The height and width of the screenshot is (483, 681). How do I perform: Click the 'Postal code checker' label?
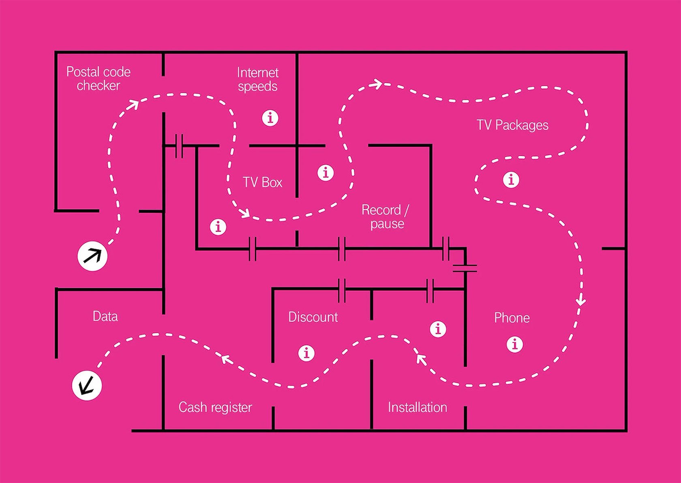pos(99,79)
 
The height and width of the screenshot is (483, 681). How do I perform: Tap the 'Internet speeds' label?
pos(258,79)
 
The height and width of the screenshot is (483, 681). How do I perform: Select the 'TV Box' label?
pos(263,182)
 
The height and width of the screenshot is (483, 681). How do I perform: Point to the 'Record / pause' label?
pos(385,217)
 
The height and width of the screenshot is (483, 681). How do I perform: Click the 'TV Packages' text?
pos(512,125)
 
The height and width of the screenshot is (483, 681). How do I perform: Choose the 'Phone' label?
pos(512,318)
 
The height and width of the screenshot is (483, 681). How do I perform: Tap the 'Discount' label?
pos(313,317)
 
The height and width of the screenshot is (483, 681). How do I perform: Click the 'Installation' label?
pos(418,407)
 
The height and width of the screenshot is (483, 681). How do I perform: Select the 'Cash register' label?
pos(215,407)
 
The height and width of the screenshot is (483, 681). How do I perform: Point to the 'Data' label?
pos(105,316)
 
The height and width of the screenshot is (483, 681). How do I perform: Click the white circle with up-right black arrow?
pos(92,256)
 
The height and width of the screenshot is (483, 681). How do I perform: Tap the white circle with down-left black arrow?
pos(87,385)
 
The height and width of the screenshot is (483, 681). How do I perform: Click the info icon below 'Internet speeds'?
pos(270,118)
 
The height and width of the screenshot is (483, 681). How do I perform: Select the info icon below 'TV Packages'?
pos(511,179)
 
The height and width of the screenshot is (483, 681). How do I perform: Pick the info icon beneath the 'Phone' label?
pos(515,344)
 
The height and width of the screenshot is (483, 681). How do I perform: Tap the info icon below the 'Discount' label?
pos(306,353)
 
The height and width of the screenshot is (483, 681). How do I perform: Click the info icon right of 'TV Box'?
pos(326,173)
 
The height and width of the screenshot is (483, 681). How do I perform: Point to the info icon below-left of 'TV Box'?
pos(218,227)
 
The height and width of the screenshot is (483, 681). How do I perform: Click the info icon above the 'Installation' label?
pos(438,329)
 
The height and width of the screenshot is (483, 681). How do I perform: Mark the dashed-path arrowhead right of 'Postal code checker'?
pos(133,105)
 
